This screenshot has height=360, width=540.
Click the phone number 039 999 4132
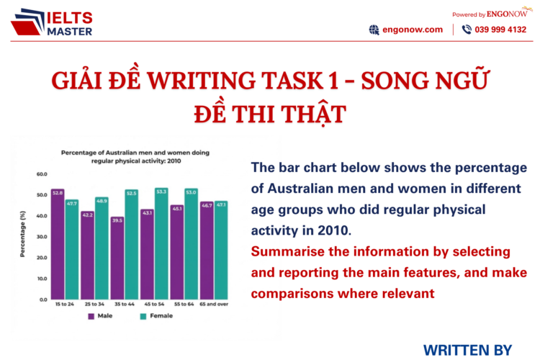coord(500,30)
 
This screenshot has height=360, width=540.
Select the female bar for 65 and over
coord(220,249)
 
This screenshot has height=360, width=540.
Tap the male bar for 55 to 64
coord(176,251)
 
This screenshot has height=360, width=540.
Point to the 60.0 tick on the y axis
coord(41,174)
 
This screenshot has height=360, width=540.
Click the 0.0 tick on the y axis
coord(42,299)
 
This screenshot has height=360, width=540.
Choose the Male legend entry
coord(102,315)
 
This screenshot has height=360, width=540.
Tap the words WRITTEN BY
coord(467,350)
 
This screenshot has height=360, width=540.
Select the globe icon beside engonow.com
coord(374,30)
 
